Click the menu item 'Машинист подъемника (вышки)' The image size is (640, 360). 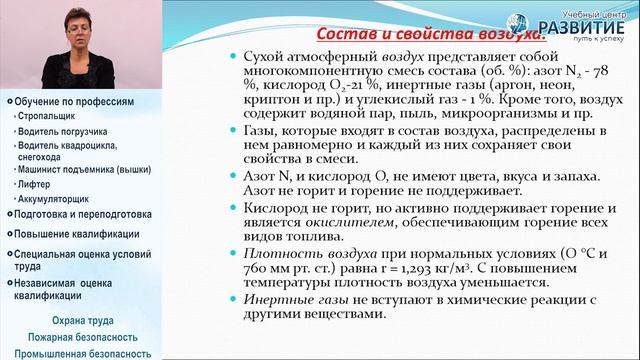67,170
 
